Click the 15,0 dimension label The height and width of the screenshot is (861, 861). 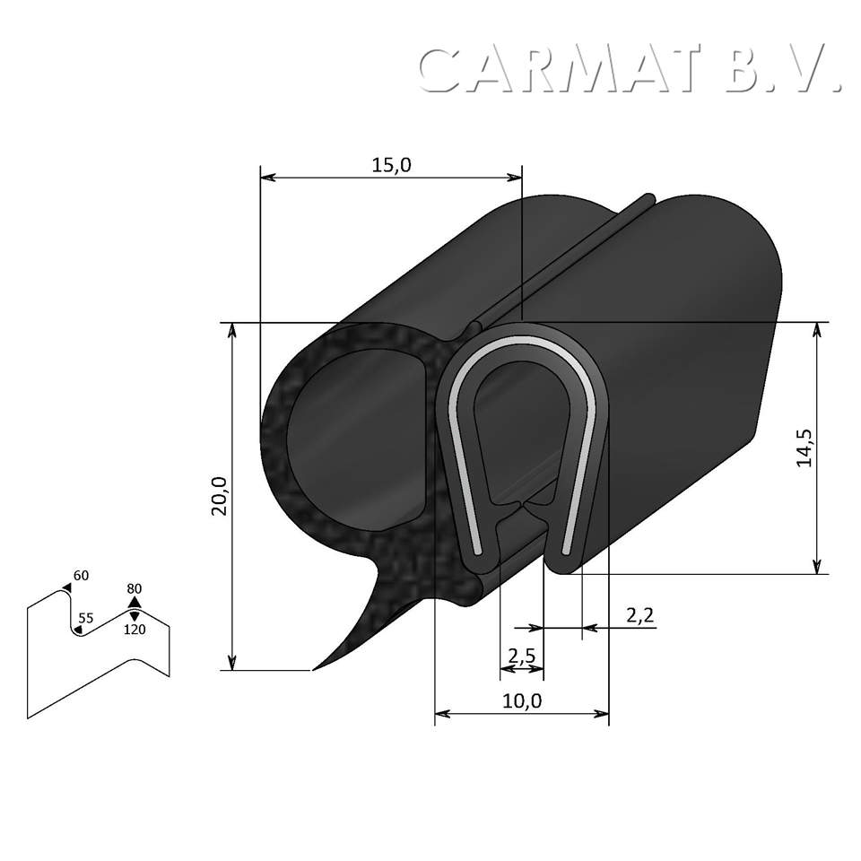(x=390, y=165)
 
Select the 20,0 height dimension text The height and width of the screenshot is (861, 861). (x=219, y=495)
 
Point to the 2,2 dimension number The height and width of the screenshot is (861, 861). (x=640, y=615)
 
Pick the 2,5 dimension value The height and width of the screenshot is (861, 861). (x=521, y=656)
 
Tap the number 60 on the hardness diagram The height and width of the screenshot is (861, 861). (x=81, y=576)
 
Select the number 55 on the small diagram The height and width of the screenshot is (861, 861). (x=85, y=618)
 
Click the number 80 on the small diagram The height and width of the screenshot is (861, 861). (x=135, y=588)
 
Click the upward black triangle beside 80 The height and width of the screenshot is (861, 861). (x=135, y=602)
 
